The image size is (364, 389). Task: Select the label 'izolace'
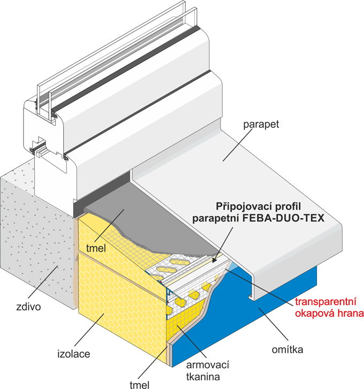coord(74,354)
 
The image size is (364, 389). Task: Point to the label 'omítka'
coord(287,351)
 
